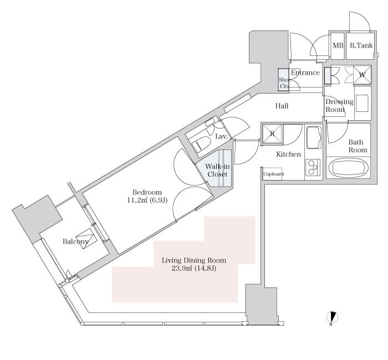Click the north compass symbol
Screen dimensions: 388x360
[333, 318]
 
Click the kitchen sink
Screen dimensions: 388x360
[314, 137]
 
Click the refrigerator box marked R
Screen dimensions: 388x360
[272, 134]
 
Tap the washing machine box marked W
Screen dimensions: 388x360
[362, 74]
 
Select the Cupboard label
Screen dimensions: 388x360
[273, 174]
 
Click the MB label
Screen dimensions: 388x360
[338, 45]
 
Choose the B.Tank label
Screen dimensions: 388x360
[361, 45]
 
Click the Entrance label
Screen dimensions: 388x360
[305, 73]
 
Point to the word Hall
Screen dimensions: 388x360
[282, 106]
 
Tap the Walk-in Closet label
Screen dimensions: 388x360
[217, 170]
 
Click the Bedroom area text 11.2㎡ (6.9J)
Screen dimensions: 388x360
[147, 200]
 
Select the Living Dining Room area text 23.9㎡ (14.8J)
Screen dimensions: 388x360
[194, 268]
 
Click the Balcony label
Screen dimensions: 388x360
[75, 241]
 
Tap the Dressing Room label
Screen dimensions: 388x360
[339, 106]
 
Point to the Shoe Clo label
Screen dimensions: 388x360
[284, 83]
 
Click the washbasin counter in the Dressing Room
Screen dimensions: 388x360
[363, 103]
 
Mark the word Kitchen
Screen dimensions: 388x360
[289, 155]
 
